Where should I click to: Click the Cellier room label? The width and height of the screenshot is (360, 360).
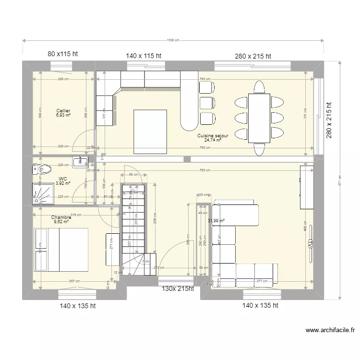[63, 111]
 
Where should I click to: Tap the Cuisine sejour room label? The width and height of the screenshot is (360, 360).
[213, 136]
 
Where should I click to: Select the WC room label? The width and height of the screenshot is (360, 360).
[63, 178]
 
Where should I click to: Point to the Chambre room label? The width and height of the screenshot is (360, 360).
[61, 217]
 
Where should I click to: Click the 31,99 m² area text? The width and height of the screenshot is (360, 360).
[216, 221]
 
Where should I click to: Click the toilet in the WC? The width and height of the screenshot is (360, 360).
[43, 169]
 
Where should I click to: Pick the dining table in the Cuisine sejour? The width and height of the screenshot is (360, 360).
[259, 118]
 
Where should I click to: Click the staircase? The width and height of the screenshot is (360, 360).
[133, 226]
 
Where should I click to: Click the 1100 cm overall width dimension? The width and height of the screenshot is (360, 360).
[173, 41]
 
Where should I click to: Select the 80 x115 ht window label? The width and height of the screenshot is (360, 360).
[63, 54]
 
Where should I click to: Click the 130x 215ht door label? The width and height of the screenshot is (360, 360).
[177, 288]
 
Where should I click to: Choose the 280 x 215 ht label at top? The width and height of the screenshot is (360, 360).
[253, 56]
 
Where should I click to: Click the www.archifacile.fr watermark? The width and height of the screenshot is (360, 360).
[330, 330]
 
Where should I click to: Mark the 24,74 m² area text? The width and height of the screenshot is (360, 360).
[213, 140]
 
